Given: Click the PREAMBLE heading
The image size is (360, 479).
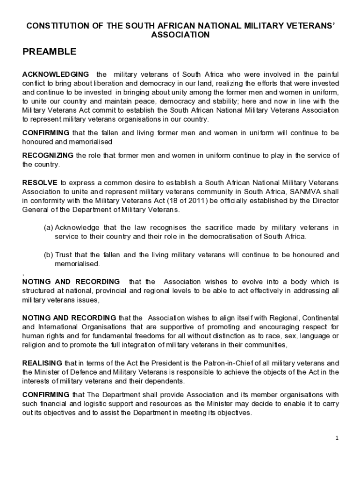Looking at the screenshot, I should click(x=49, y=52).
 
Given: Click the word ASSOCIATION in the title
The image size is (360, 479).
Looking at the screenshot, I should click(x=180, y=35).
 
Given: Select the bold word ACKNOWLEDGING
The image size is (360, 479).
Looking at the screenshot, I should click(x=56, y=74).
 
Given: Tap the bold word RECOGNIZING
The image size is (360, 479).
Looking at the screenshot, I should click(x=48, y=155).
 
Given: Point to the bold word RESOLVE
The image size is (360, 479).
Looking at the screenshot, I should click(x=40, y=182).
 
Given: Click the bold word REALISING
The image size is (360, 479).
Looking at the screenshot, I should click(x=42, y=363).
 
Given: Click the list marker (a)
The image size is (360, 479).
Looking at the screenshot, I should click(x=48, y=227).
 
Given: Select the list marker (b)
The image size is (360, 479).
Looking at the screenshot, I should click(x=48, y=255).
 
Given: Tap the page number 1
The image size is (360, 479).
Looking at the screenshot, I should click(x=337, y=438).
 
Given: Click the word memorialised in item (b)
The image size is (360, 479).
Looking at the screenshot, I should click(x=77, y=264).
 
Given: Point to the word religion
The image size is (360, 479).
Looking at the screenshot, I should click(x=35, y=345).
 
